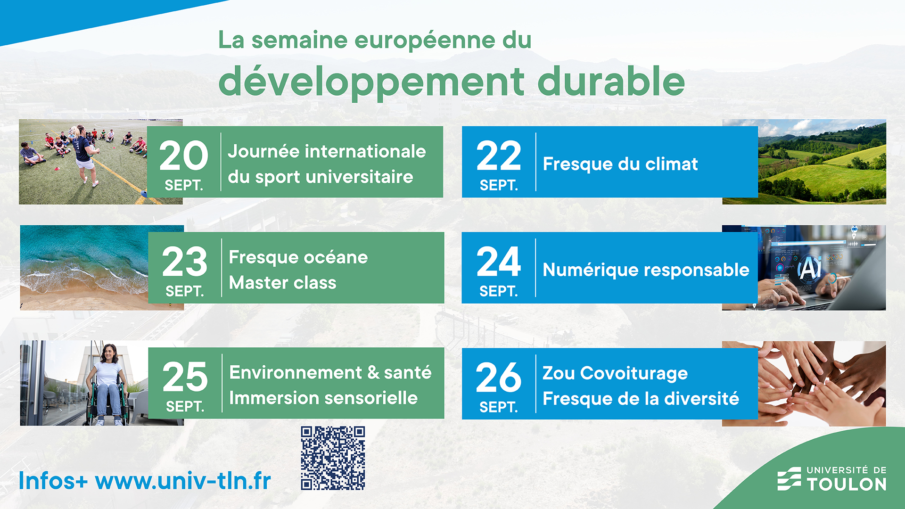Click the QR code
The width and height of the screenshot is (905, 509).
point(333,458)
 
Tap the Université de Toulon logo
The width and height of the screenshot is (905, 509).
point(832,479)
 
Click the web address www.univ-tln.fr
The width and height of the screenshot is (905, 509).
point(183,481)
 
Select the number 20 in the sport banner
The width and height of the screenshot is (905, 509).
point(183,156)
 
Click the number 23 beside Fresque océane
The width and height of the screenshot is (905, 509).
point(184,262)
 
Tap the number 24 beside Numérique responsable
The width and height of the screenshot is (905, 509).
point(499,262)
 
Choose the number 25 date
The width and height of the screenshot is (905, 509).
point(185,377)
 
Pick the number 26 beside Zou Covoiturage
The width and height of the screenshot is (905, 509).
point(499,378)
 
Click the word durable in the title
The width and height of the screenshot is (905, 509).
point(611,82)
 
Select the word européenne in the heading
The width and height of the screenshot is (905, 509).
point(425,41)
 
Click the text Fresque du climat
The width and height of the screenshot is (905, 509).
point(620,164)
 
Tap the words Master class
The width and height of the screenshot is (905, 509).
point(282,283)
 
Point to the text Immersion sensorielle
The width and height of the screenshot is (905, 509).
point(323,398)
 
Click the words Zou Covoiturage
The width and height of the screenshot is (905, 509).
point(615,373)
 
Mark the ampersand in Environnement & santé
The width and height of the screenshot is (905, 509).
point(373,373)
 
